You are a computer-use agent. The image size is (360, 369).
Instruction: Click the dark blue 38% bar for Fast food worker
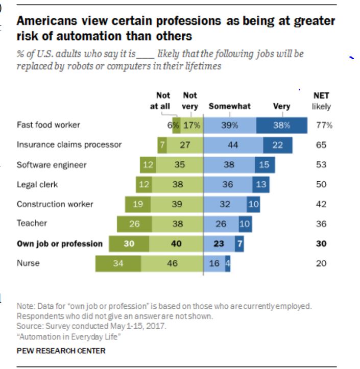pyautogui.click(x=281, y=125)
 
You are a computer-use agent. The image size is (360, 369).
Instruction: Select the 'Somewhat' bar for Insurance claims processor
pyautogui.click(x=233, y=145)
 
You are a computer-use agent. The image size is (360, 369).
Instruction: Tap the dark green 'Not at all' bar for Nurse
pyautogui.click(x=118, y=264)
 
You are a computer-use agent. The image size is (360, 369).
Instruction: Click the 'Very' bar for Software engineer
pyautogui.click(x=265, y=165)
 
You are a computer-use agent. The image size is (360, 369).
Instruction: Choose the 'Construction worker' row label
pyautogui.click(x=55, y=204)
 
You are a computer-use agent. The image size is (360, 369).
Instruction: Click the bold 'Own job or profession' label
pyautogui.click(x=59, y=243)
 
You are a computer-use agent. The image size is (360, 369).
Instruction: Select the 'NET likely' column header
pyautogui.click(x=321, y=101)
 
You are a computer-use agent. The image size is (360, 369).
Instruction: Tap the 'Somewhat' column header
pyautogui.click(x=229, y=106)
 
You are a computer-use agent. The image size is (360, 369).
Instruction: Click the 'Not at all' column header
pyautogui.click(x=163, y=101)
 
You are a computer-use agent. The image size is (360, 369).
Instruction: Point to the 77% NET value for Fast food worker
pyautogui.click(x=323, y=125)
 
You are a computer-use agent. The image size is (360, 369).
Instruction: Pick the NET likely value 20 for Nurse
pyautogui.click(x=321, y=264)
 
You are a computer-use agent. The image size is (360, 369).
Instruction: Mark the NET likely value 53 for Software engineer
pyautogui.click(x=321, y=165)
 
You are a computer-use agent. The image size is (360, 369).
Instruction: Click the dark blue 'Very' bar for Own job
pyautogui.click(x=238, y=244)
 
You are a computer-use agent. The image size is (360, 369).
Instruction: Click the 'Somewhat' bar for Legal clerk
pyautogui.click(x=228, y=184)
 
